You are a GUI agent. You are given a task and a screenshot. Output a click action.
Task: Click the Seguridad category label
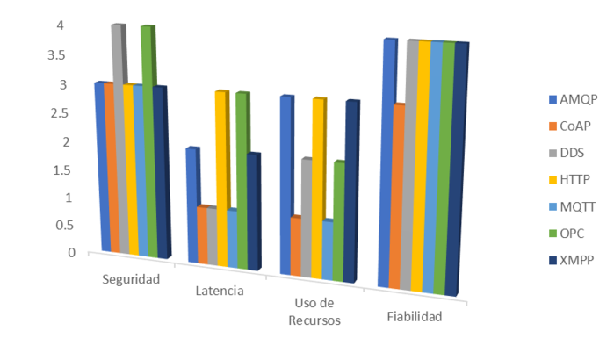point(132,279)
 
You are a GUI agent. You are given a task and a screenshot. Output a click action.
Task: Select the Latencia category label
point(215,291)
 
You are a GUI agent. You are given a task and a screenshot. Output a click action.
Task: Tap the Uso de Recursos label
point(314,312)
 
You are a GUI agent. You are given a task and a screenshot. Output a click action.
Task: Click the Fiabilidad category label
point(413,316)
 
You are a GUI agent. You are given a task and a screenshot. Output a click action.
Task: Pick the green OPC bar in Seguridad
point(148,140)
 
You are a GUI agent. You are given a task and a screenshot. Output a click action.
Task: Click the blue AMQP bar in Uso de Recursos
point(286,184)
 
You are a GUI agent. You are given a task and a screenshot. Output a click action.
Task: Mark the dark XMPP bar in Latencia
point(253,211)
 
